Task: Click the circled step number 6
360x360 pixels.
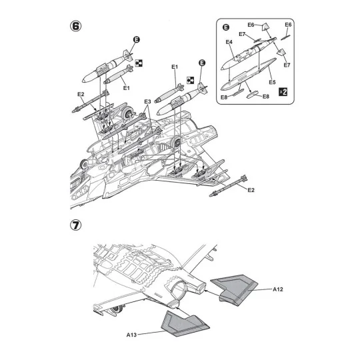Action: coord(75,26)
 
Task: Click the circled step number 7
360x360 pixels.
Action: coord(75,225)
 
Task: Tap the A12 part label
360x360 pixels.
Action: coord(278,289)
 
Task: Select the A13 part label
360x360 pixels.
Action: coord(131,335)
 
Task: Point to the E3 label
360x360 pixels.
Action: coord(147,101)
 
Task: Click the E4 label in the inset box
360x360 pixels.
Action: coord(229,42)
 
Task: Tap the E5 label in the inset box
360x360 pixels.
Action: coord(272,82)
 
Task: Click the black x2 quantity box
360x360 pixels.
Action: coord(283,92)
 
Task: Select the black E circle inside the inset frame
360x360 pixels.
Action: coord(226,27)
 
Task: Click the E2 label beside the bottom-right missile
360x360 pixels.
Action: coord(251,190)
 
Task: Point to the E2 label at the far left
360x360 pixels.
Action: coord(81,94)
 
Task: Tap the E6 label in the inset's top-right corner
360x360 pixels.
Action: coord(288,25)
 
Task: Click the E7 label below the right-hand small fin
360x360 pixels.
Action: coord(287,65)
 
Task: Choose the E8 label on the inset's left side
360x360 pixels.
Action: coord(224,97)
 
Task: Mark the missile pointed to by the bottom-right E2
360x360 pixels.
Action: coord(228,186)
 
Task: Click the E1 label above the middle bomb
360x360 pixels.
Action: coord(175,67)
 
